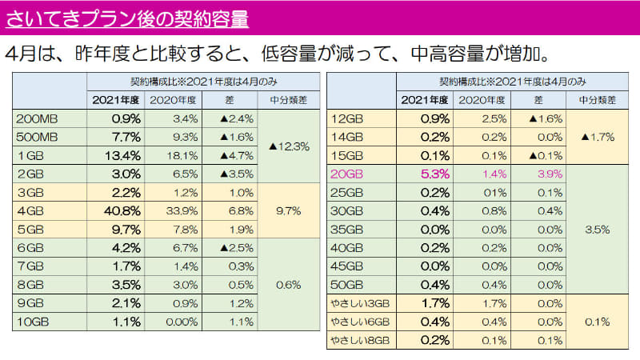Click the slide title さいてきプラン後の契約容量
[126, 18]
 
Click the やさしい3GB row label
[360, 303]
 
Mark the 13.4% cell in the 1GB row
[123, 156]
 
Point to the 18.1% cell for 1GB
[182, 156]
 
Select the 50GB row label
[347, 285]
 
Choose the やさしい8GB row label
[360, 340]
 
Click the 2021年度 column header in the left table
[115, 100]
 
